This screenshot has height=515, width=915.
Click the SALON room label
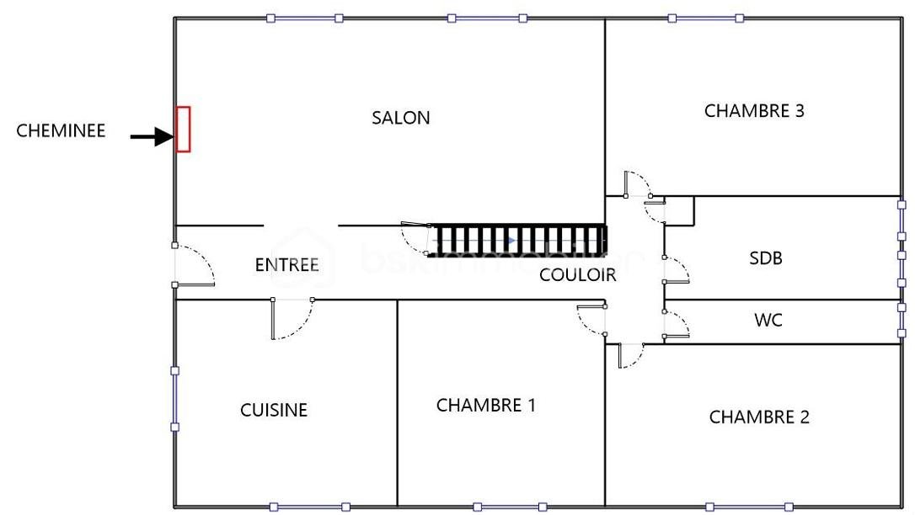click(x=401, y=118)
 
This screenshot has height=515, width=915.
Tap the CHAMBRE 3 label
click(x=754, y=110)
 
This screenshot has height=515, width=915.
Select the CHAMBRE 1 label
click(x=485, y=405)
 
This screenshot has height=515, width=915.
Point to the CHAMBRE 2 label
click(x=759, y=417)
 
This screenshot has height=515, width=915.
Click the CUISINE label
click(x=274, y=410)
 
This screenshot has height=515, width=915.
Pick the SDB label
click(x=766, y=257)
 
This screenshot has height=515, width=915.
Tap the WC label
click(x=768, y=320)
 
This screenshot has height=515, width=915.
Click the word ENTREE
click(x=286, y=264)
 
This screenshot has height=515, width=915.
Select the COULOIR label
click(x=577, y=274)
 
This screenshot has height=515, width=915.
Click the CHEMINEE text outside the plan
click(x=61, y=130)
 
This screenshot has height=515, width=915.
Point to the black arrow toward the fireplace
click(x=152, y=136)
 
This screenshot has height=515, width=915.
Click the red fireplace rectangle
click(x=183, y=129)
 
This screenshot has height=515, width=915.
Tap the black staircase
click(x=519, y=240)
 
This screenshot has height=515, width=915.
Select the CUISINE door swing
click(x=292, y=321)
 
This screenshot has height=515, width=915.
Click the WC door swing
click(x=677, y=324)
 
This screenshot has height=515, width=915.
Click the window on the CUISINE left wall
click(x=174, y=399)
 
